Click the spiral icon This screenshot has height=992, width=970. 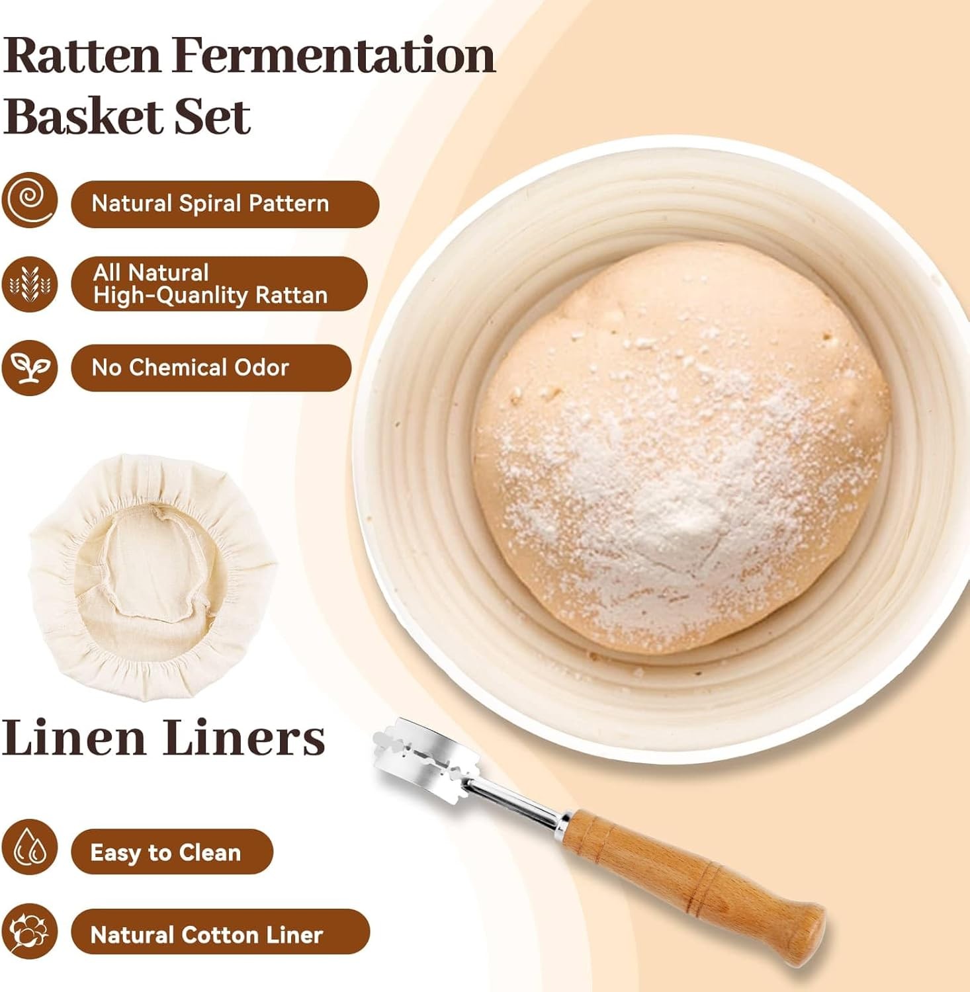(29, 200)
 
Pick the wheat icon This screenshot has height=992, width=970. (29, 284)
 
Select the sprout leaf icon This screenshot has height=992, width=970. (29, 368)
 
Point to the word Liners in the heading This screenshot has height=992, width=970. (244, 737)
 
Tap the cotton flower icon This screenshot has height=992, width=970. (29, 931)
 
